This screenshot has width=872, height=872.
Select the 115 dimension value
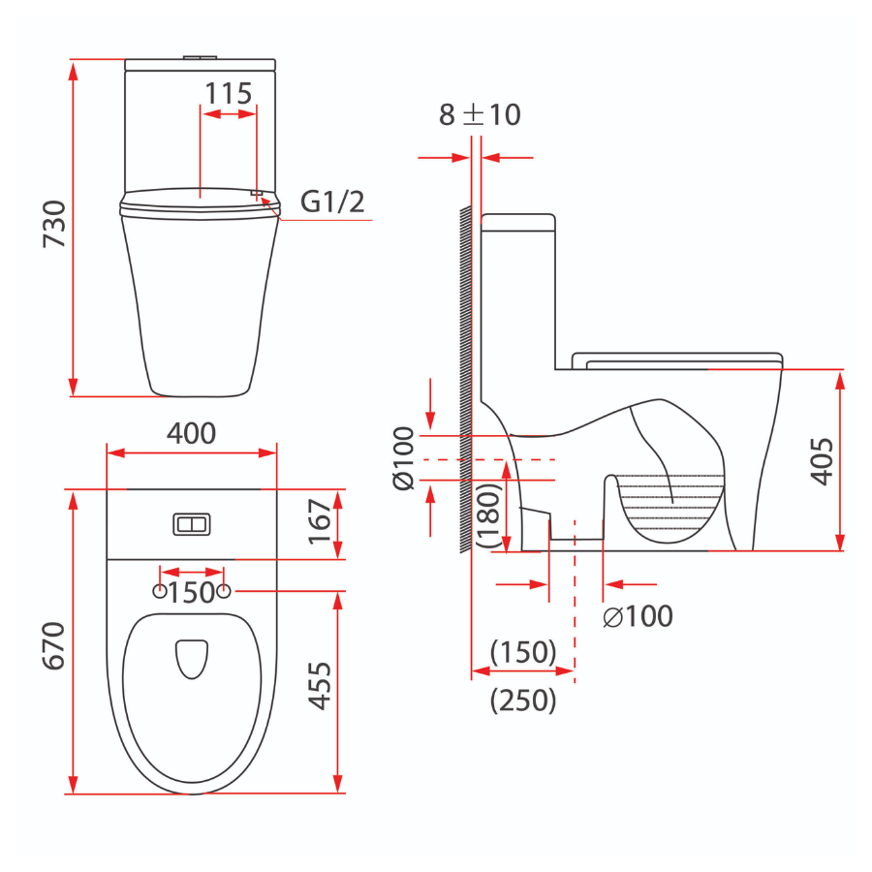[228, 94]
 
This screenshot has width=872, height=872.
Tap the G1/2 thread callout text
[331, 202]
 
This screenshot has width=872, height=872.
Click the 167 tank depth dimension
[320, 524]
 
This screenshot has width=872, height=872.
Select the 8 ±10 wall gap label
[480, 114]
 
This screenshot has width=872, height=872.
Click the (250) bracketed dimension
[523, 700]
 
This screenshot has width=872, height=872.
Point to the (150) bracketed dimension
[523, 652]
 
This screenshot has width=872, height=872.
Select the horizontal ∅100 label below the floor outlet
[637, 616]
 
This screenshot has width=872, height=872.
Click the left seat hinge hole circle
[159, 590]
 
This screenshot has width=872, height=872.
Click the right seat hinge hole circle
[224, 590]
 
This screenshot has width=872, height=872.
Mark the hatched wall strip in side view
[465, 378]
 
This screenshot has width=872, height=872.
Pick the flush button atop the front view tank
[201, 59]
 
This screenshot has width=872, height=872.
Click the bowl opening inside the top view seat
[192, 658]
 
